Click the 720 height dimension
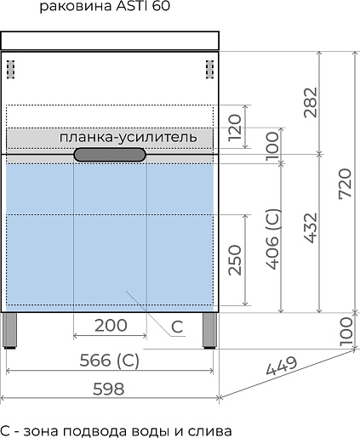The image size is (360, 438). pos(346,184)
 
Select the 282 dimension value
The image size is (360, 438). pos(310,102)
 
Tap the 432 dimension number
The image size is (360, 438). pos(310,228)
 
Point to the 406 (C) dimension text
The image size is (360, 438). pos(273,239)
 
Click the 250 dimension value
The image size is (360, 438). pos(235,260)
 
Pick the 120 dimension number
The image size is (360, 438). pos(235,127)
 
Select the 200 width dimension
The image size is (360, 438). pos(111,325)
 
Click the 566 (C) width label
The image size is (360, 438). pos(110,361)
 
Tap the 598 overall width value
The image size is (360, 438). pos(109,389)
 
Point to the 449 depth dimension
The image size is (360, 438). pos(282,366)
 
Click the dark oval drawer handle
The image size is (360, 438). pos(110,155)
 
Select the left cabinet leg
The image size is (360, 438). pos(9,331)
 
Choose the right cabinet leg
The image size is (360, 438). pos(210,331)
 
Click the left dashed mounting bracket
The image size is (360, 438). pos(11,70)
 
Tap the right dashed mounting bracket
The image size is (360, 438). pos(209,70)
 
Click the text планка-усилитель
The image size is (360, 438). pos(128,138)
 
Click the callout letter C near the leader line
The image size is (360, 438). pos(177,327)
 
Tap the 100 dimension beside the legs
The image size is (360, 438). pos(346,332)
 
